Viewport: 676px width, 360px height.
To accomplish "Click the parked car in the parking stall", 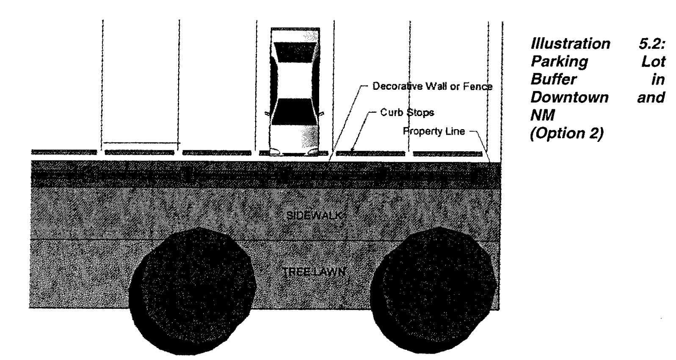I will [295, 91].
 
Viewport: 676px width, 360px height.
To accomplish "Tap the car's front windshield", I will [295, 112].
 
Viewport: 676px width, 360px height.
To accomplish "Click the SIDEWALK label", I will [316, 215].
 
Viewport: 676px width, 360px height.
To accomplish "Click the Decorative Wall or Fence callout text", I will [432, 86].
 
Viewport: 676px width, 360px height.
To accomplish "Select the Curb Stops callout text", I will [407, 112].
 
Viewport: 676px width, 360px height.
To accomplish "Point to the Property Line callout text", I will [433, 131].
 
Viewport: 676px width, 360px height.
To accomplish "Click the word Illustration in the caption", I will [570, 44].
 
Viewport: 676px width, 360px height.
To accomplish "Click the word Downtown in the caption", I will [569, 97].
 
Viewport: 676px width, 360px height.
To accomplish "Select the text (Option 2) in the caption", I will [567, 133].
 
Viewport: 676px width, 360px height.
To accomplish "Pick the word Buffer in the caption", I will [553, 79].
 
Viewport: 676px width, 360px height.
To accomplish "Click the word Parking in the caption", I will [559, 61].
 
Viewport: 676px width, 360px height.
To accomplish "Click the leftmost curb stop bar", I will [64, 152].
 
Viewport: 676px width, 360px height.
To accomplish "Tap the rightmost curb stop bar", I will [447, 154].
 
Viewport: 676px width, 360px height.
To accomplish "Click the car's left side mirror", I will [267, 114].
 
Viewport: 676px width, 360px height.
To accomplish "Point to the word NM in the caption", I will [542, 115].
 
